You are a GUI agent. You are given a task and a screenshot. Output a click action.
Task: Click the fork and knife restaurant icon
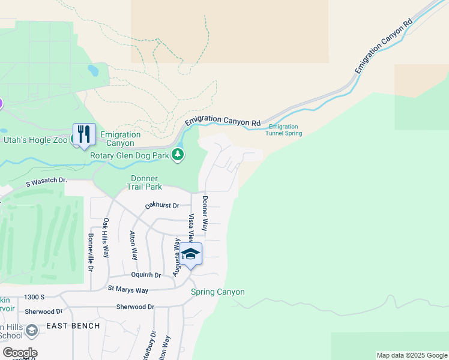[x=84, y=134]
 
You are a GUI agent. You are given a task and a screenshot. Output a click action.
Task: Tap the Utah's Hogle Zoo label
[x=36, y=140]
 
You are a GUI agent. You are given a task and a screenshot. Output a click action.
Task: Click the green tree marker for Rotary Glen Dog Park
[x=177, y=155]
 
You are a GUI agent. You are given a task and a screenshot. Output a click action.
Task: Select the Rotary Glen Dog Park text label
[x=128, y=155]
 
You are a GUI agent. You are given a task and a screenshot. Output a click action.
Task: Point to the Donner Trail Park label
[x=145, y=182]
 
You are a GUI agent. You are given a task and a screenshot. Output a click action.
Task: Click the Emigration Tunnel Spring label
[x=283, y=130]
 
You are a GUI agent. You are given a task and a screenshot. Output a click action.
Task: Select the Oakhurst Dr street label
[x=162, y=206]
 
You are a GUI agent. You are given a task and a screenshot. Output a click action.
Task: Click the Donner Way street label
[x=205, y=214]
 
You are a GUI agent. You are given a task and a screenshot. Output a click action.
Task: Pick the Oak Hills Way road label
[x=106, y=238]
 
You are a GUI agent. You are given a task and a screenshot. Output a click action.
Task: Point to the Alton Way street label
[x=133, y=245]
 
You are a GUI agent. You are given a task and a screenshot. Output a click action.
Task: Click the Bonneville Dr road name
[x=91, y=253]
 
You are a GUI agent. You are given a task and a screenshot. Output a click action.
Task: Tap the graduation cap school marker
[x=191, y=254]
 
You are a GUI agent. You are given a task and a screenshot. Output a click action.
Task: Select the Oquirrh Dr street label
[x=146, y=275]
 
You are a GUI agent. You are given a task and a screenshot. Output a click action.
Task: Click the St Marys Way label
[x=128, y=290]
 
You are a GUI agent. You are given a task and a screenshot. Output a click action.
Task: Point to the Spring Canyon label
[x=218, y=292]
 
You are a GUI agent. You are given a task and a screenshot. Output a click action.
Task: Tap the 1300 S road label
[x=35, y=297]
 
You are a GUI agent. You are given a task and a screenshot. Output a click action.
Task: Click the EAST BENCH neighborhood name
[x=73, y=326]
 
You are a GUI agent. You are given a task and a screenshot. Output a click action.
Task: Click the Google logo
[x=20, y=353]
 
